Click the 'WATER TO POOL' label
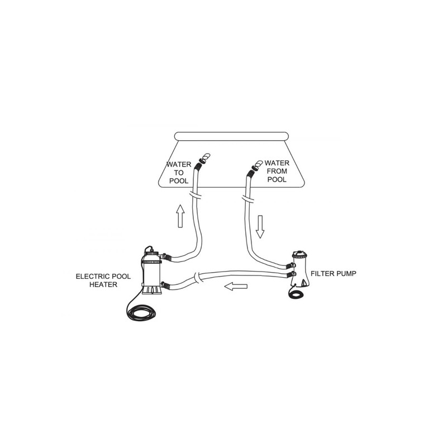coord(179,173)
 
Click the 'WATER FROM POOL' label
coord(277,171)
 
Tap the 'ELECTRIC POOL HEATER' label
coord(103,280)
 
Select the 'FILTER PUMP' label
coord(333,273)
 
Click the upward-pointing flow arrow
coord(180,216)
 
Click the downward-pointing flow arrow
coord(260,227)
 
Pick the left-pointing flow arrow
coord(236,286)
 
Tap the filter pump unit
coord(300,269)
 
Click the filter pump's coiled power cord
coord(296,294)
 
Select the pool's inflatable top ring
coord(231,136)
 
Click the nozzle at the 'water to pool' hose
coord(205,158)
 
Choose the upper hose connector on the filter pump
coord(291,266)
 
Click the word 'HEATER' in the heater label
coord(103,284)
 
